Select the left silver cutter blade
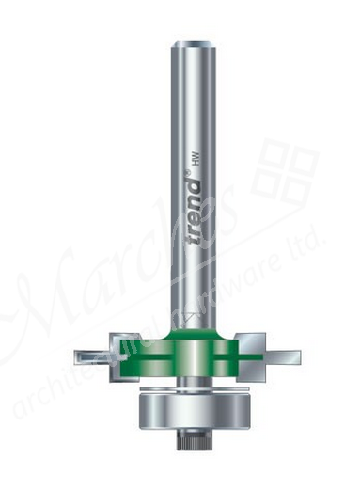point(89,357)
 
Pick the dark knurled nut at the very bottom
point(191,437)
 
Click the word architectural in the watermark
point(94,376)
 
